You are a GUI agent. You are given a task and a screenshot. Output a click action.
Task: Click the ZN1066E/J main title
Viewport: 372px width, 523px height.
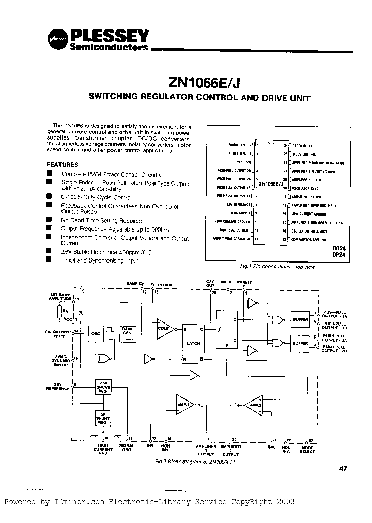click(x=204, y=83)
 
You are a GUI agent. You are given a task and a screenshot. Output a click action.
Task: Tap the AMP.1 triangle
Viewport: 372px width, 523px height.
click(x=184, y=404)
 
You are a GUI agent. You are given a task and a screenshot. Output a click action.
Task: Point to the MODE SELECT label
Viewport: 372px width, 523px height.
click(x=308, y=448)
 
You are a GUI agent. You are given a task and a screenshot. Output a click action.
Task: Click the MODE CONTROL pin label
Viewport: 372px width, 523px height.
click(x=303, y=153)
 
